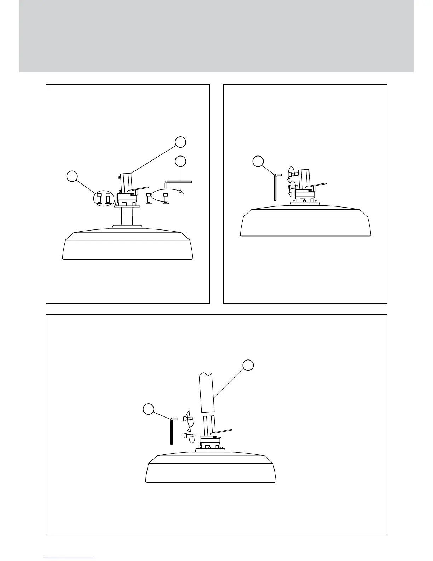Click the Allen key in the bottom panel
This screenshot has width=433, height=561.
pos(172,431)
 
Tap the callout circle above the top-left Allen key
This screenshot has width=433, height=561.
pos(180,161)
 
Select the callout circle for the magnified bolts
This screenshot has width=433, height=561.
pos(72,176)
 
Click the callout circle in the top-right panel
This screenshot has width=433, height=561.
pos(258,161)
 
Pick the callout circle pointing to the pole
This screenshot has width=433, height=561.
pos(248,365)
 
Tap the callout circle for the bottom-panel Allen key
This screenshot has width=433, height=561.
pos(148,409)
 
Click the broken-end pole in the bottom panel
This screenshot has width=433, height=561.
pos(207,392)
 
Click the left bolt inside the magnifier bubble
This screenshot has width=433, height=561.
pos(100,198)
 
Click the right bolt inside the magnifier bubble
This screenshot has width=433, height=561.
pos(108,198)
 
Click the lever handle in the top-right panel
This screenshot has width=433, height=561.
pos(318,185)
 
